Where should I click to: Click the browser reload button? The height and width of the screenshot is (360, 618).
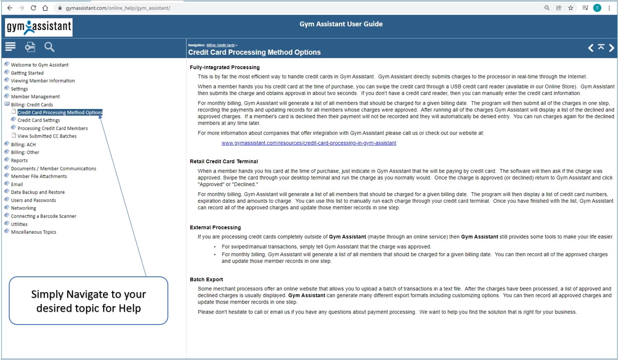coord(33,8)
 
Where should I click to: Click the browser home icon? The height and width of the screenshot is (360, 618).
coord(45,8)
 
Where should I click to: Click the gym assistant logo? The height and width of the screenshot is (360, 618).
coord(39,27)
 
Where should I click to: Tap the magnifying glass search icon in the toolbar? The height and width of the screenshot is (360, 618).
coord(50,47)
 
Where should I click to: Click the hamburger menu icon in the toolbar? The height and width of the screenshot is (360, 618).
coord(10,46)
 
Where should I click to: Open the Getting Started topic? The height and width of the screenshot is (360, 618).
coord(27,73)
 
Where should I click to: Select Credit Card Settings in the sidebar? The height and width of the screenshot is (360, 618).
coord(39,120)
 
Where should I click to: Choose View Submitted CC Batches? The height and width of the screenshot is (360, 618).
coord(47,136)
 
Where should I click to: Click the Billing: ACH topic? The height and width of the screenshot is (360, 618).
coord(23,144)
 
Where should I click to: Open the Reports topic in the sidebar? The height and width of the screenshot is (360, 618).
coord(19,160)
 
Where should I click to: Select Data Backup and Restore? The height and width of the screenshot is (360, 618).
coord(38,192)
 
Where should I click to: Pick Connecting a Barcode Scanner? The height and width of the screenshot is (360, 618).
coord(43,216)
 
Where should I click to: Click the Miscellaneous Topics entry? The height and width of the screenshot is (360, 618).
coord(33,232)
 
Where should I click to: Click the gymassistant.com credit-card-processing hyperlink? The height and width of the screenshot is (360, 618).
coord(309,143)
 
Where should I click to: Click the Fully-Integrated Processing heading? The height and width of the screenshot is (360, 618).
coord(224,67)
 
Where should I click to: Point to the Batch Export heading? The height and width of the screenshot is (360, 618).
coord(206,279)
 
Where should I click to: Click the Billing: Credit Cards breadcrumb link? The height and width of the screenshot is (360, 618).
coord(220,45)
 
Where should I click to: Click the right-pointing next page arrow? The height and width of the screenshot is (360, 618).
coord(611,48)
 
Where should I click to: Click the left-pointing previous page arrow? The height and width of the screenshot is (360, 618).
coord(590,48)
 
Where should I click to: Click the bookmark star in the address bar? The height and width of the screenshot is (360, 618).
coord(571,8)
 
